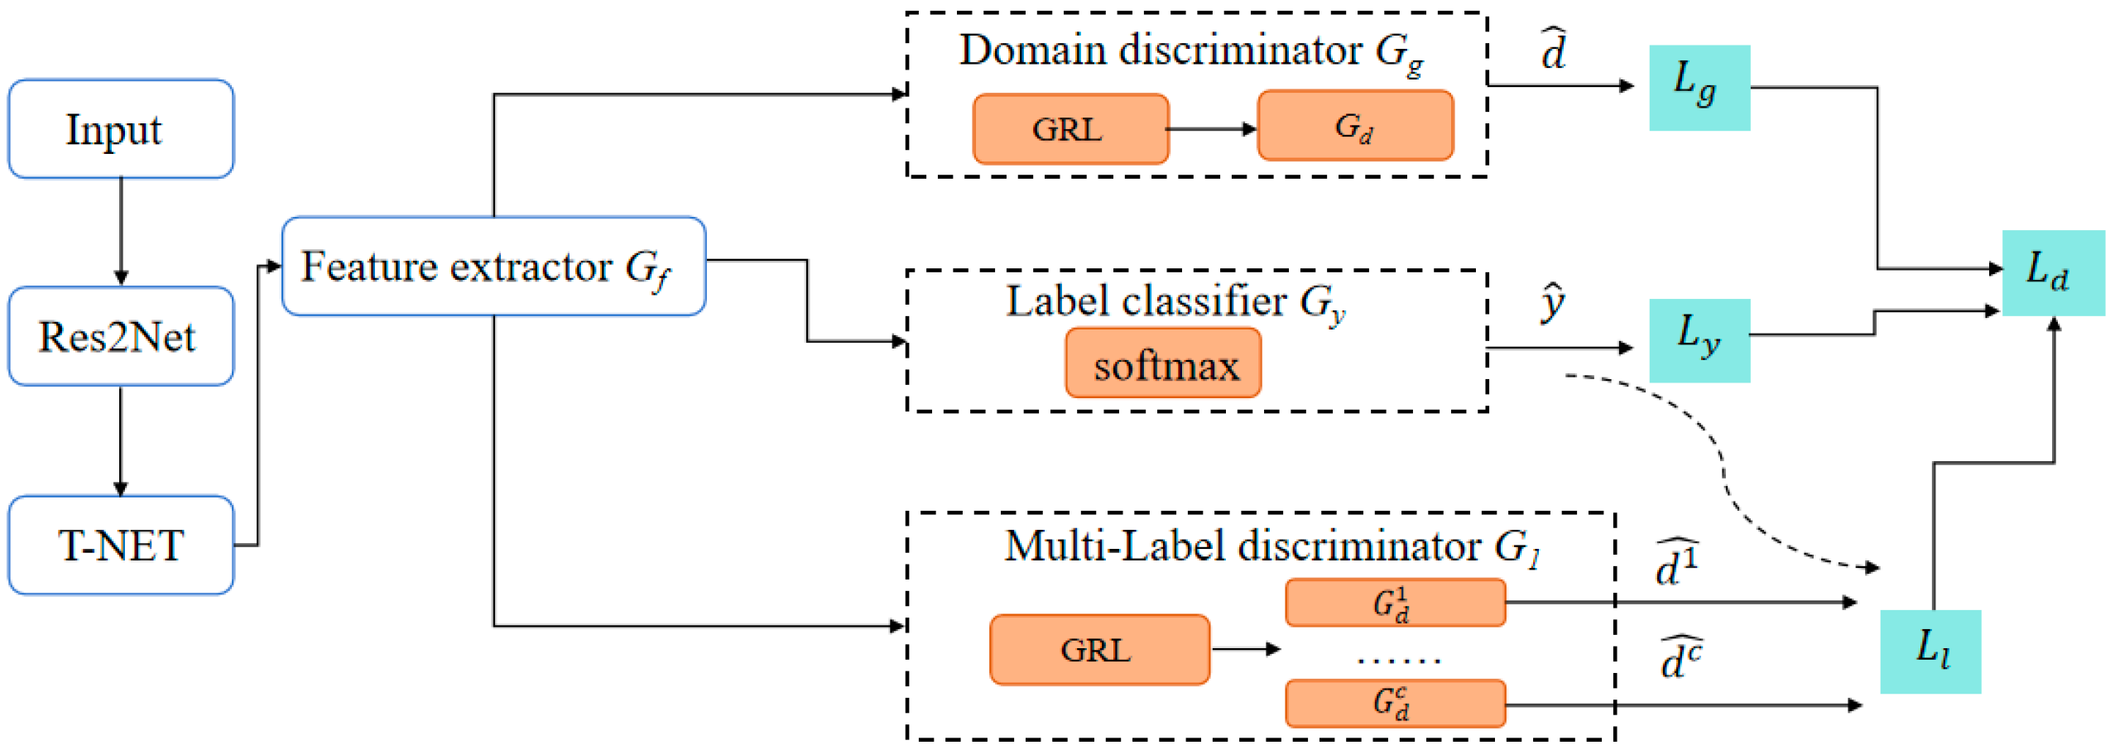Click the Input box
(121, 129)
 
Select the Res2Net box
(121, 336)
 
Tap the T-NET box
(121, 545)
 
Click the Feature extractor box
(493, 267)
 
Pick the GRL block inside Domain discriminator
(1070, 129)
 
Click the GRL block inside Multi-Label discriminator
(1098, 650)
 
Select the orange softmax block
(1163, 364)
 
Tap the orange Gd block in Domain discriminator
(1355, 127)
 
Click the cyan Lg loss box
(1699, 88)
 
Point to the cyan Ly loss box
(1699, 340)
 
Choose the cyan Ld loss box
(2052, 272)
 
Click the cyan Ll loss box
(1930, 652)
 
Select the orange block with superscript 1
(1395, 603)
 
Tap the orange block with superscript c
(1395, 703)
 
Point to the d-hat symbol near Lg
(1554, 51)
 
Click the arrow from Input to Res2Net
(121, 232)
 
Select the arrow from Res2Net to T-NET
(121, 440)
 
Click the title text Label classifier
(1146, 301)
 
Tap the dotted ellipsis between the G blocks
(1398, 660)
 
